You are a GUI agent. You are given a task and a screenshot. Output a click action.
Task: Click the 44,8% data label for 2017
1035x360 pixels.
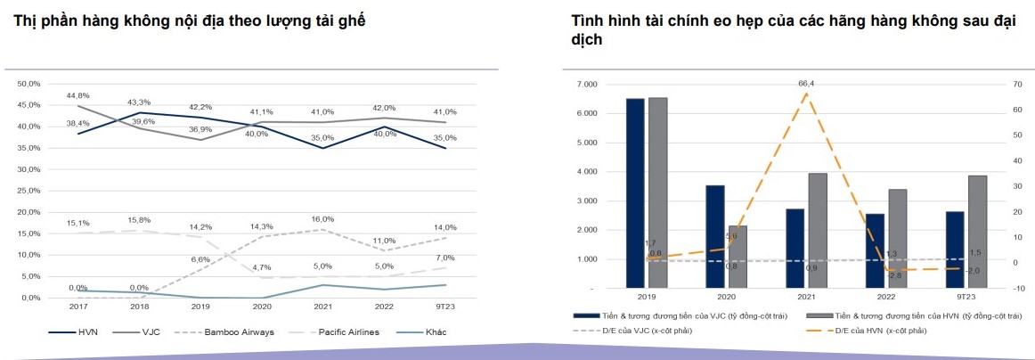77,95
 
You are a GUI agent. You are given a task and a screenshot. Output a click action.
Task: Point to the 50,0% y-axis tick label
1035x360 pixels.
29,84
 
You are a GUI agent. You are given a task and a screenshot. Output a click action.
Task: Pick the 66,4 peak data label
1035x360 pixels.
806,84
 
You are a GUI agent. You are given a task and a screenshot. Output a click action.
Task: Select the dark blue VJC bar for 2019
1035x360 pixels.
635,193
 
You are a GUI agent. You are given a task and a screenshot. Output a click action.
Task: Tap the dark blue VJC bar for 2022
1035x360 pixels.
875,251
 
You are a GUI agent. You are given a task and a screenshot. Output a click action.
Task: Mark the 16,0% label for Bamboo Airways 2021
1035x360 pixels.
322,219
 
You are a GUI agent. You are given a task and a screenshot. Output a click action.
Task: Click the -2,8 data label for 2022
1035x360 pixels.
895,276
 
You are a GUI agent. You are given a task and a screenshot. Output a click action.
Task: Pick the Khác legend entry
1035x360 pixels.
436,332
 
